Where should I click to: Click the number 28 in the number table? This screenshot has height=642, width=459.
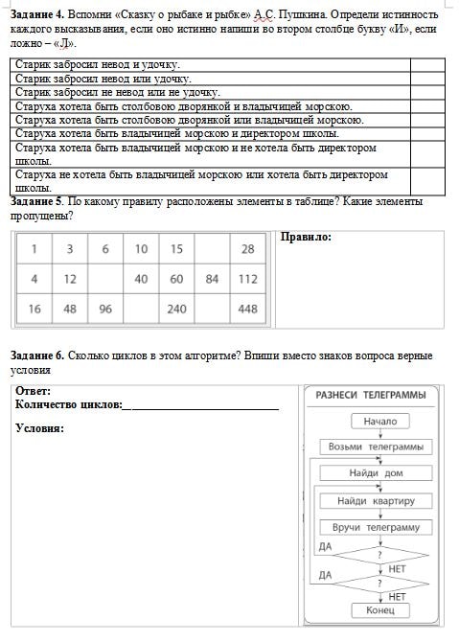pyautogui.click(x=248, y=249)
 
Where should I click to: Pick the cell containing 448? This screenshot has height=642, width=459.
pyautogui.click(x=248, y=310)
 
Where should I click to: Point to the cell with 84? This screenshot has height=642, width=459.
pyautogui.click(x=212, y=279)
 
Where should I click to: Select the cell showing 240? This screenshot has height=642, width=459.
pyautogui.click(x=176, y=310)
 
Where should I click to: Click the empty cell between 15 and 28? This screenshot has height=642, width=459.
pyautogui.click(x=212, y=249)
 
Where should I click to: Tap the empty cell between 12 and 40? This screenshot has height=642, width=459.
pyautogui.click(x=104, y=279)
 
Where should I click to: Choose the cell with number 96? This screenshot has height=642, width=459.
pyautogui.click(x=104, y=310)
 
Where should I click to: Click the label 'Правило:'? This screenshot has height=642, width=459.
pyautogui.click(x=306, y=237)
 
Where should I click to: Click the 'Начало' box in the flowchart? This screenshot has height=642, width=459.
pyautogui.click(x=380, y=421)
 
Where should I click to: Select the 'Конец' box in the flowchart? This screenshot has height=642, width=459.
pyautogui.click(x=380, y=610)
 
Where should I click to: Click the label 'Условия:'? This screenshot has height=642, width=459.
pyautogui.click(x=39, y=427)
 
